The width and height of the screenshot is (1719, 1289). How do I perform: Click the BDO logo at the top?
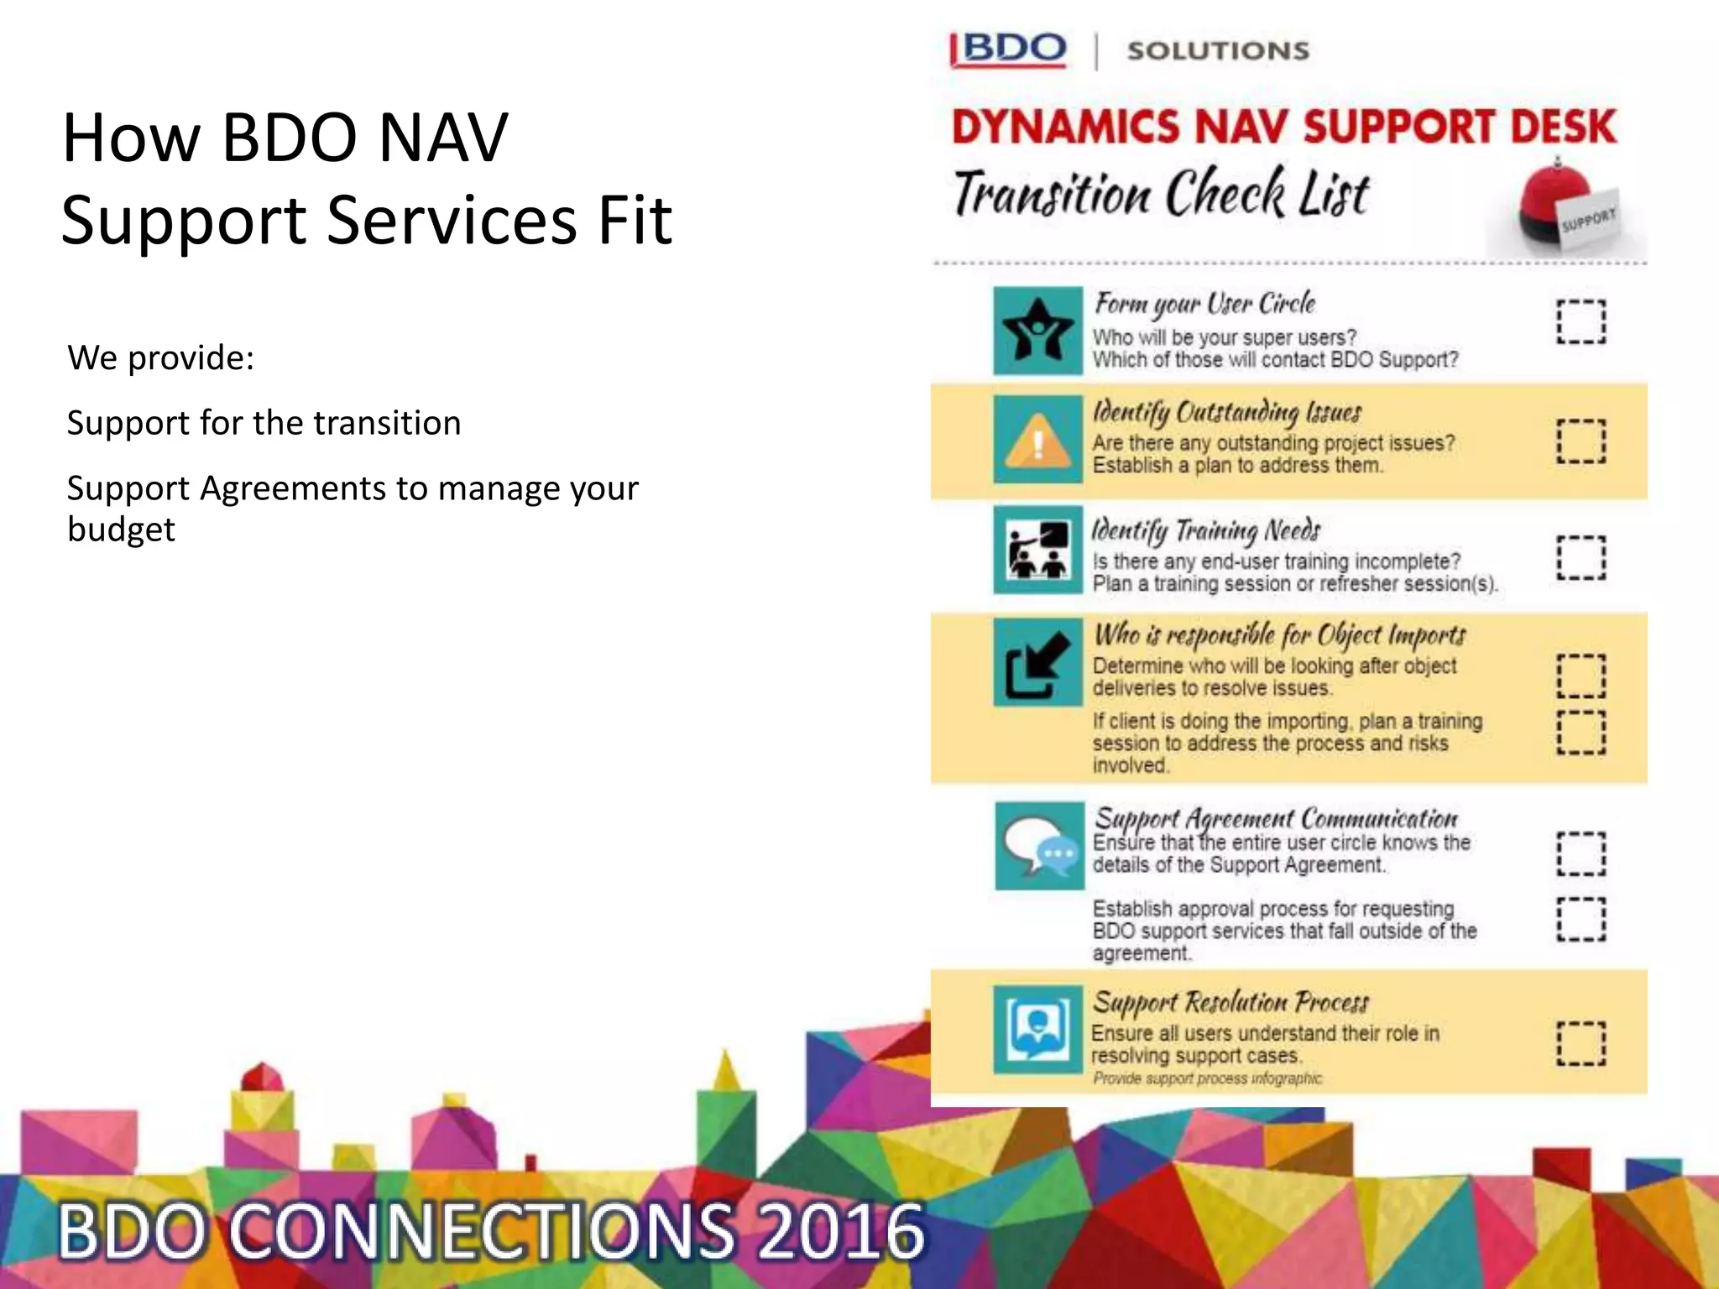click(x=1009, y=50)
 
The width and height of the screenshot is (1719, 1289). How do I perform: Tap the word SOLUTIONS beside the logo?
click(x=1218, y=51)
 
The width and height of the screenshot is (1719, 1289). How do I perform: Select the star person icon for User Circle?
click(x=1038, y=331)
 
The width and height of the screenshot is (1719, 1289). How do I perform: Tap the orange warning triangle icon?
click(x=1038, y=440)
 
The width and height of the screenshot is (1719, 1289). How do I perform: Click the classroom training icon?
click(x=1038, y=551)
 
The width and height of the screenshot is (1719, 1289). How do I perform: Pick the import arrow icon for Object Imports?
click(x=1038, y=664)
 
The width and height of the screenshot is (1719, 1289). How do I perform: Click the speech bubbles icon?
click(x=1040, y=846)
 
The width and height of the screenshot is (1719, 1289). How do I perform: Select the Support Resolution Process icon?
click(x=1038, y=1030)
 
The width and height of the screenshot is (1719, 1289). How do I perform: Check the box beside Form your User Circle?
click(x=1581, y=321)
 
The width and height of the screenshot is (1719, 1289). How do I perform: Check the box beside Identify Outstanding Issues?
click(x=1581, y=441)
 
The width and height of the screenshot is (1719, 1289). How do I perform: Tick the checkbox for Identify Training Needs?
click(x=1581, y=558)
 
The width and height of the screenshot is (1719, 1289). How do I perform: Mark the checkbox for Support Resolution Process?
click(x=1581, y=1043)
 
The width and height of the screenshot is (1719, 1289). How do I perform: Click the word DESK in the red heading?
click(x=1562, y=128)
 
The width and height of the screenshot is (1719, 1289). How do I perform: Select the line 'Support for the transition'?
click(x=264, y=423)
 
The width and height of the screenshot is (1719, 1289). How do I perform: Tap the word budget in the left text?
click(x=121, y=530)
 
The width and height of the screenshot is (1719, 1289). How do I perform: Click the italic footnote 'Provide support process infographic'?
click(x=1206, y=1078)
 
